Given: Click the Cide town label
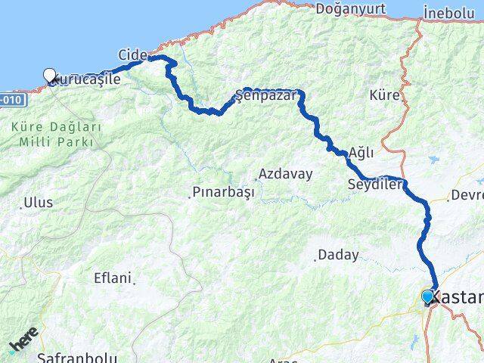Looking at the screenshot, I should [x=132, y=54].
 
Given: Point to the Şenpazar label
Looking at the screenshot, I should [x=265, y=95].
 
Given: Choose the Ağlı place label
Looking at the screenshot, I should [x=361, y=153].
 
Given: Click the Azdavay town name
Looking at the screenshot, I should [x=285, y=174].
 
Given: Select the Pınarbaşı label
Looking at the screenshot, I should [x=222, y=193].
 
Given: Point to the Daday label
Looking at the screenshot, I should [x=338, y=255].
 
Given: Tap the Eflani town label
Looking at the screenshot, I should [x=112, y=278].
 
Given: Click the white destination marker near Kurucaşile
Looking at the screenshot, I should [x=50, y=74].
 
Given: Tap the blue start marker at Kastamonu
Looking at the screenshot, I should [x=428, y=296].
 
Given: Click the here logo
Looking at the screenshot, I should [x=23, y=344].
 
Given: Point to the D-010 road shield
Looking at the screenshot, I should [x=13, y=99].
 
